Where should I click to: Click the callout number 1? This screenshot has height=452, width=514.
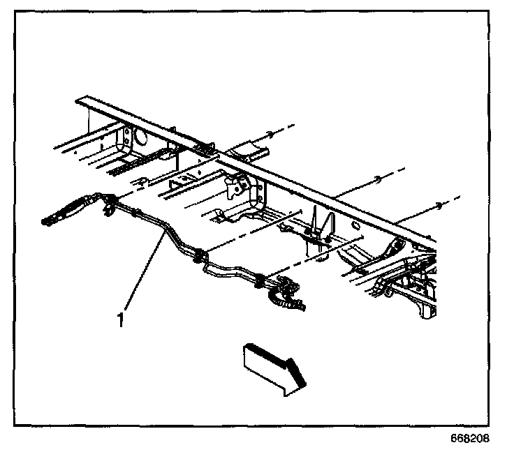pos(121,320)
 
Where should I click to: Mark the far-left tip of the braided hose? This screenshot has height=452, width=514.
pos(43,223)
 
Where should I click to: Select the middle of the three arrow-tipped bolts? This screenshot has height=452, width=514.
pos(376,178)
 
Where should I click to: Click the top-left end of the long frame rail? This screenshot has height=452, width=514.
pos(79,102)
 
